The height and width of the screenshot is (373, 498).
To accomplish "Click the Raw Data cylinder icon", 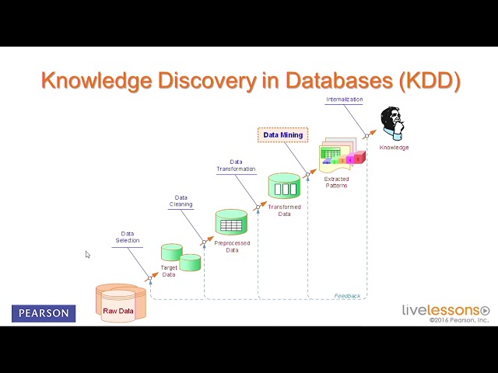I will pyautogui.click(x=121, y=303).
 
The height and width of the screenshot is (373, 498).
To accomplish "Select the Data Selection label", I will pyautogui.click(x=128, y=237).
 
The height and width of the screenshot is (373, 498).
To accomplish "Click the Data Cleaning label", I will pyautogui.click(x=181, y=201).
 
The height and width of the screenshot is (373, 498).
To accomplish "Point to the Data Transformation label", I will pyautogui.click(x=236, y=166).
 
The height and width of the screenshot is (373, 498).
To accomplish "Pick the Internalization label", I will pyautogui.click(x=345, y=99).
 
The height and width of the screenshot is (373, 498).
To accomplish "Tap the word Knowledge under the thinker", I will pyautogui.click(x=394, y=148).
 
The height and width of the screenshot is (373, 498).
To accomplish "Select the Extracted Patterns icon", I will pyautogui.click(x=341, y=155).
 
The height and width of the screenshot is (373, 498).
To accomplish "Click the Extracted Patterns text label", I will pyautogui.click(x=336, y=183).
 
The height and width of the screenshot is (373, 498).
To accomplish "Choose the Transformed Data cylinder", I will pyautogui.click(x=284, y=186).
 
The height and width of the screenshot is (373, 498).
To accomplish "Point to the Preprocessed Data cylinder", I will pyautogui.click(x=231, y=223).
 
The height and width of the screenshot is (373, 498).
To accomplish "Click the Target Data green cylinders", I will pyautogui.click(x=181, y=256).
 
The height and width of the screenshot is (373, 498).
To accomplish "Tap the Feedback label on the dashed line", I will pyautogui.click(x=347, y=296).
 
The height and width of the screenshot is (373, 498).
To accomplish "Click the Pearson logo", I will pyautogui.click(x=44, y=314).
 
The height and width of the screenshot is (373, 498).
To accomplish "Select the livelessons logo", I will pyautogui.click(x=445, y=310).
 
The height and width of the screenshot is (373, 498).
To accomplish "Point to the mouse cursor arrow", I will pyautogui.click(x=87, y=254).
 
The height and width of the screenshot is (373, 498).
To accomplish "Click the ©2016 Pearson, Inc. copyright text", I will pyautogui.click(x=459, y=320).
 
